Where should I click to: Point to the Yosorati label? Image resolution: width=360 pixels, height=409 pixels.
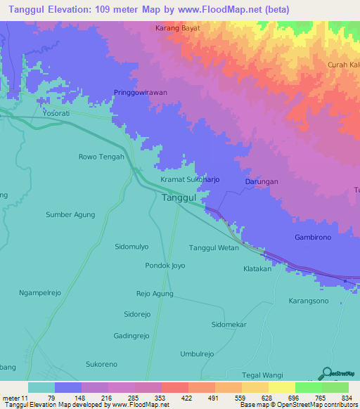pyautogui.click(x=58, y=112)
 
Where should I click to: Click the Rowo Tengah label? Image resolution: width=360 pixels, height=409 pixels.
pyautogui.click(x=101, y=157)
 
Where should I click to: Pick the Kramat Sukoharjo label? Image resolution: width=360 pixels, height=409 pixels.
pyautogui.click(x=190, y=180)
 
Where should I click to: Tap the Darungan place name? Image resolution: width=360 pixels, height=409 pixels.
pyautogui.click(x=262, y=181)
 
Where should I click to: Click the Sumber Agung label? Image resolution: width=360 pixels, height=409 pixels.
pyautogui.click(x=70, y=214)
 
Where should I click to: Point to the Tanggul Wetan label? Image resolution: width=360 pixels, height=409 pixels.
pyautogui.click(x=214, y=247)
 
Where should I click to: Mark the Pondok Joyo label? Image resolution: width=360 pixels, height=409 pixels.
pyautogui.click(x=165, y=266)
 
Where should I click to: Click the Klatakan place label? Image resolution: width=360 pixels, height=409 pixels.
pyautogui.click(x=257, y=269)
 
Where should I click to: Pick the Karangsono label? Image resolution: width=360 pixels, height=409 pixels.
pyautogui.click(x=308, y=301)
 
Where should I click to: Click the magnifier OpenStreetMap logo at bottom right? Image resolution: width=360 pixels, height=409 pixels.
pyautogui.click(x=326, y=372)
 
